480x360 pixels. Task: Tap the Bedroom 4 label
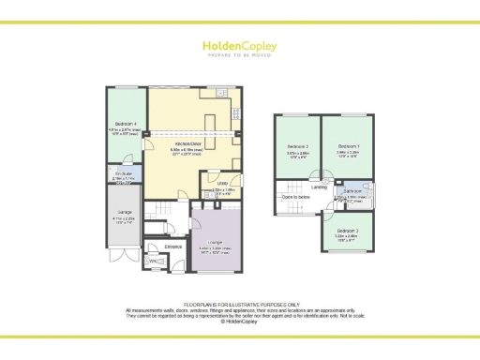[x=123, y=124]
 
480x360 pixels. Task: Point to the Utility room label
[x=222, y=184]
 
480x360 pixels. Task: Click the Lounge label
[x=215, y=241]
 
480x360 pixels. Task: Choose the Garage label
[x=121, y=217]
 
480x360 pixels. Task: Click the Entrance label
[x=172, y=247]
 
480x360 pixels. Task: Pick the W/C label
[x=154, y=261]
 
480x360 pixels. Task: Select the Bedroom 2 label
[x=297, y=147]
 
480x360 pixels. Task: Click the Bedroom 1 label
[x=348, y=147]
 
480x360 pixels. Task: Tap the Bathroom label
[x=353, y=191]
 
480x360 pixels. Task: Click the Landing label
[x=320, y=187]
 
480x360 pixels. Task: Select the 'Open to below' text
[x=296, y=198]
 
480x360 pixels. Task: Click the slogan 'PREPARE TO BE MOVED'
[x=240, y=54]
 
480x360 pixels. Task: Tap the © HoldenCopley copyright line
[x=240, y=321]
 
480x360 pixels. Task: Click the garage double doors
[x=122, y=257]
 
